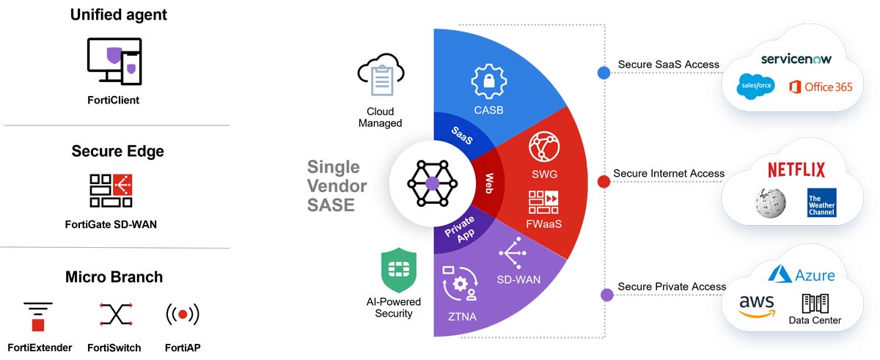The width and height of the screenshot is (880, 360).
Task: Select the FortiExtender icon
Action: click(38, 316)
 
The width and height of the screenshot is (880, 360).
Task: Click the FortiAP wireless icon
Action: click(183, 315)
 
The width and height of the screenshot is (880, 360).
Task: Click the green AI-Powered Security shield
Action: click(398, 271)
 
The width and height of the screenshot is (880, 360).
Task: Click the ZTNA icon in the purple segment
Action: click(460, 284)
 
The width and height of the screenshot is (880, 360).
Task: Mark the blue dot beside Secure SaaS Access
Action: click(604, 73)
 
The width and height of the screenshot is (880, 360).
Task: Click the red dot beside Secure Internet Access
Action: click(604, 181)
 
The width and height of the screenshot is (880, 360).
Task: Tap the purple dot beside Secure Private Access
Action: click(606, 295)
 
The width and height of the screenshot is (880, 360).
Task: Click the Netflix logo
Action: click(796, 171)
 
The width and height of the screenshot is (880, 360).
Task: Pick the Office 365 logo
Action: click(821, 87)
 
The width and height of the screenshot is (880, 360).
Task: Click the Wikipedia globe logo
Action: click(771, 201)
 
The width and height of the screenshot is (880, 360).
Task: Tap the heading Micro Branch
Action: click(114, 277)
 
